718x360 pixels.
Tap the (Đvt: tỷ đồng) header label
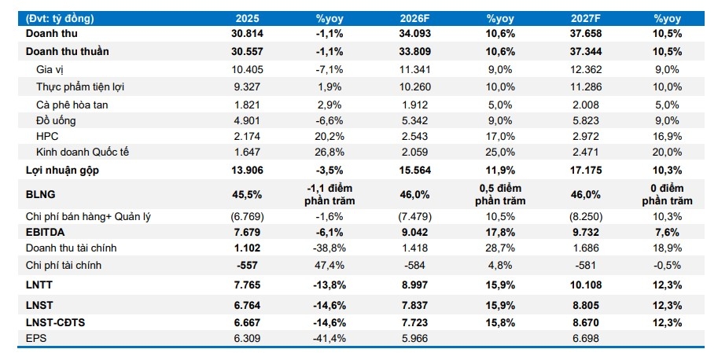[x=60, y=17]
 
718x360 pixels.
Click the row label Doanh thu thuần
[x=67, y=52]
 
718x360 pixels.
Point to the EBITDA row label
[x=46, y=233]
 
